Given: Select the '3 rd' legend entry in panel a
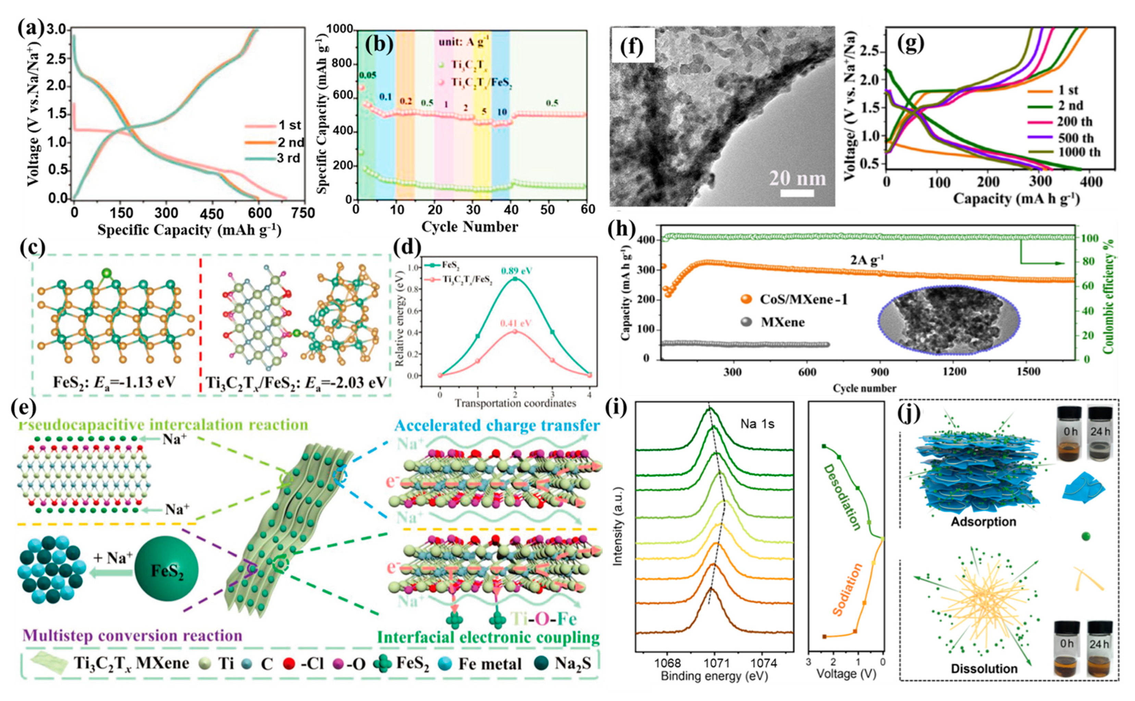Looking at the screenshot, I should [288, 158].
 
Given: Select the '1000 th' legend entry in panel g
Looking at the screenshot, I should [1079, 152].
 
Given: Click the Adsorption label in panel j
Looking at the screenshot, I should [983, 522].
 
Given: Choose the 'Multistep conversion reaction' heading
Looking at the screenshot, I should [132, 636].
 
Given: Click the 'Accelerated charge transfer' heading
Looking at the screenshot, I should [497, 426].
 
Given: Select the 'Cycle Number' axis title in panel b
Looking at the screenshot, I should [469, 227].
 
